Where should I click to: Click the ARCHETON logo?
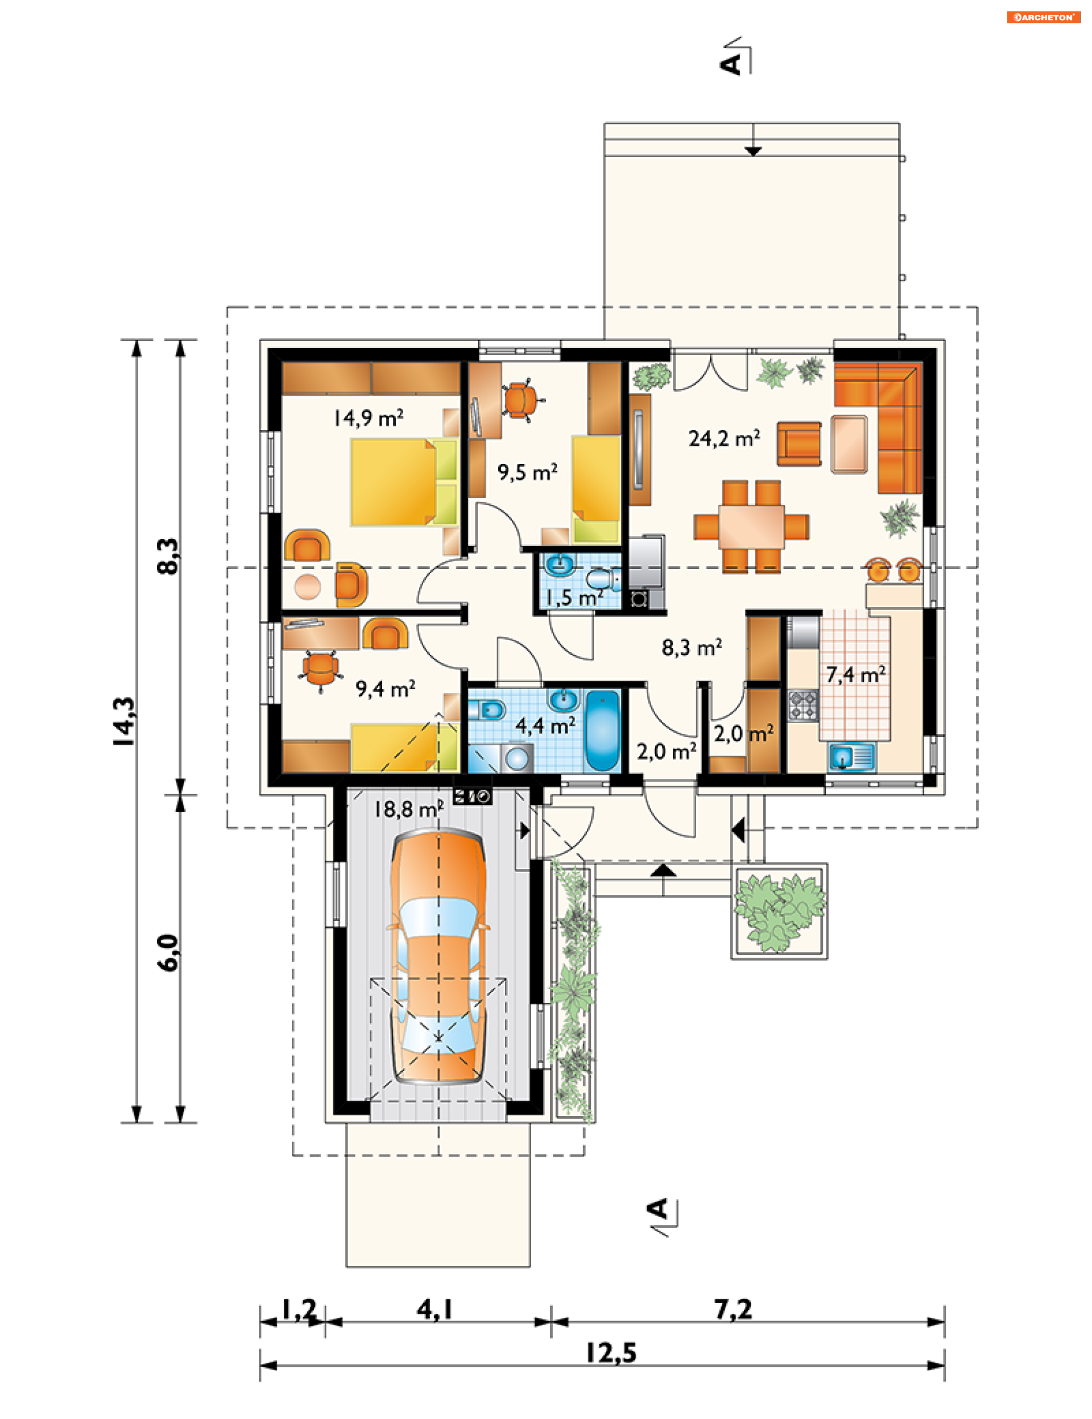tap(1043, 18)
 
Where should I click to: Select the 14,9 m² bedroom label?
tap(368, 418)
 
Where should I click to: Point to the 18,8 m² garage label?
tap(408, 809)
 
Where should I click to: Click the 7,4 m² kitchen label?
tap(855, 674)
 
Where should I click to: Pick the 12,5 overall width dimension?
tap(611, 1354)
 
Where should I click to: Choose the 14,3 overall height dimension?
tap(124, 721)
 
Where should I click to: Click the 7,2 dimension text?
tap(733, 1310)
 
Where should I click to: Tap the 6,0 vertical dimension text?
tap(168, 952)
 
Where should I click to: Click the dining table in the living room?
tap(751, 526)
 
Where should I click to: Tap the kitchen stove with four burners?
tap(804, 706)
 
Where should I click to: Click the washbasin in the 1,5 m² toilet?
tap(560, 564)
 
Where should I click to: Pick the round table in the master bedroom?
tap(308, 587)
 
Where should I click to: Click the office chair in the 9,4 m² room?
tap(320, 670)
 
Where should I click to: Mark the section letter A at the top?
tap(731, 64)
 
